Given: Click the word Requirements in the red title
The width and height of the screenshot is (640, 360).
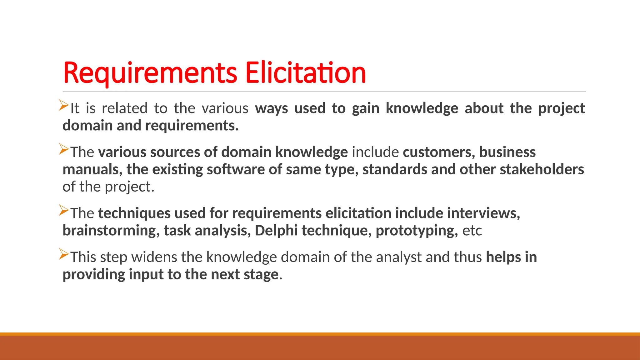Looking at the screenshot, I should click(x=150, y=73).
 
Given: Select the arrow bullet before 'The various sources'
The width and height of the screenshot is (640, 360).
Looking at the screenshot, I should click(x=64, y=149).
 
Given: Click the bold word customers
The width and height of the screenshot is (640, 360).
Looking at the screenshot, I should click(x=438, y=152).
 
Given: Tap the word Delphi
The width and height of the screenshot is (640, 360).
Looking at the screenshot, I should click(x=276, y=231).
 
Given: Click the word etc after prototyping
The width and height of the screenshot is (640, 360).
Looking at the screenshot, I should click(x=472, y=231).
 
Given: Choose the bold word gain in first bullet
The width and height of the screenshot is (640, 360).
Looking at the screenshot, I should click(x=365, y=109).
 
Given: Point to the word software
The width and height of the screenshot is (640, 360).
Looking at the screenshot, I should click(x=236, y=169).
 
